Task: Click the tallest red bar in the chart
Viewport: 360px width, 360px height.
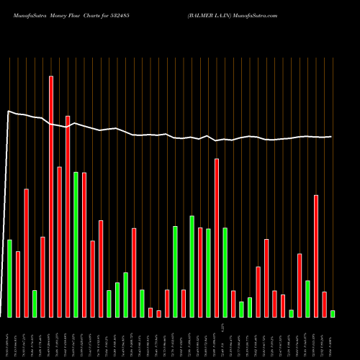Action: (51, 196)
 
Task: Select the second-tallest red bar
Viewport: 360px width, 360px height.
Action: (68, 216)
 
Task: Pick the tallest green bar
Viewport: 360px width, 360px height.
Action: (76, 244)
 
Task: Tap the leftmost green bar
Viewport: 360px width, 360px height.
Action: (9, 278)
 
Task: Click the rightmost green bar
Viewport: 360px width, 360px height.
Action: (333, 313)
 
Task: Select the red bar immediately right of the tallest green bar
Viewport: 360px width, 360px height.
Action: (84, 244)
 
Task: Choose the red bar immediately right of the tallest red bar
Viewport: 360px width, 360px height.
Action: (59, 241)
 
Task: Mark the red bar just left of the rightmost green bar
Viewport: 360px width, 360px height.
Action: (324, 304)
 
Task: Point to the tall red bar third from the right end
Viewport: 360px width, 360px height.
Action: (316, 256)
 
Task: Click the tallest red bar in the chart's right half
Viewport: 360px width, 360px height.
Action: (217, 238)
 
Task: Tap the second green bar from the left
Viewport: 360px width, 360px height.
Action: (35, 303)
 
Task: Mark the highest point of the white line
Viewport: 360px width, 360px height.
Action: (9, 111)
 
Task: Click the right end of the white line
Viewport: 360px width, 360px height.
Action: (332, 136)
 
